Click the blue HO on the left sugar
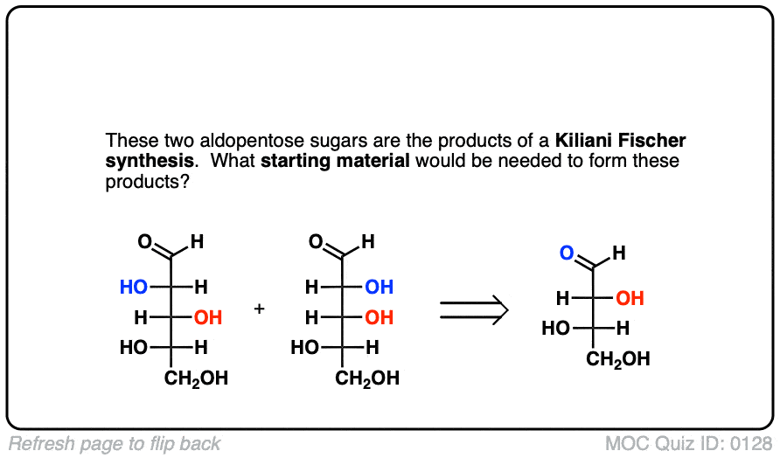point(135,287)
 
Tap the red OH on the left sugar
point(208,317)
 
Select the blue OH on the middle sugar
point(379,287)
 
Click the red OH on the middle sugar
point(379,317)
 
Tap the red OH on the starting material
point(630,299)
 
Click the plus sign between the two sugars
point(259,309)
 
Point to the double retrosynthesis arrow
point(473,309)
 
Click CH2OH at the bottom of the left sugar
point(197,378)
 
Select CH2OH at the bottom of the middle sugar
point(367,378)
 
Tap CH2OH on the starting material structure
point(618,359)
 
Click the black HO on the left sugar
point(135,348)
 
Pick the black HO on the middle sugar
point(305,348)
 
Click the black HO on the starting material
point(556,329)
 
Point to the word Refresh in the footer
point(38,444)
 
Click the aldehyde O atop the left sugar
point(144,242)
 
